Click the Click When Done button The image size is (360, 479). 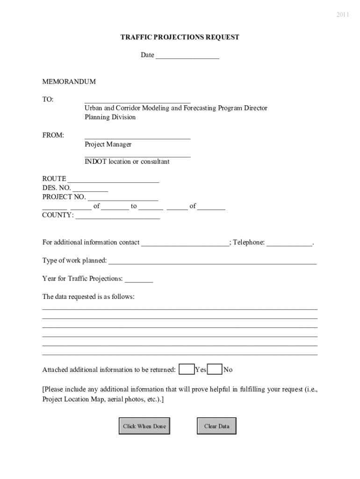[144, 426]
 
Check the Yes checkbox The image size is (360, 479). [187, 370]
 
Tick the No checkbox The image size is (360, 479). [215, 370]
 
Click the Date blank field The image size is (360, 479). [187, 56]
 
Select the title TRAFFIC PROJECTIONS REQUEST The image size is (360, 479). [180, 37]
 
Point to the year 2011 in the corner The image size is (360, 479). [342, 15]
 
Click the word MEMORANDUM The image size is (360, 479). [69, 82]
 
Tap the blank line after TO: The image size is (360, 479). [137, 100]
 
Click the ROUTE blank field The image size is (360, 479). [113, 180]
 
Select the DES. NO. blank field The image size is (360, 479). [90, 189]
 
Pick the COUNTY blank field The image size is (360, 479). [117, 216]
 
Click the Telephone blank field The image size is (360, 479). [289, 243]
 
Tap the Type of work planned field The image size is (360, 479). [212, 261]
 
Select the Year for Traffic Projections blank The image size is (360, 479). [138, 280]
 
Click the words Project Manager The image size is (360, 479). [108, 145]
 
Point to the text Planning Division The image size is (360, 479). [110, 117]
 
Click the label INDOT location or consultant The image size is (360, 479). [127, 162]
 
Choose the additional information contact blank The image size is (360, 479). [185, 243]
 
